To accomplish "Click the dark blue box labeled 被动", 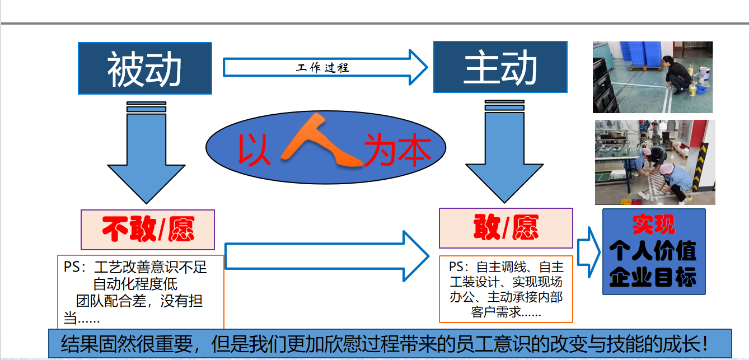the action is [145, 68].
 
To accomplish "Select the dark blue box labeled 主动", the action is [500, 67].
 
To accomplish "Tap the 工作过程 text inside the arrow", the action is [322, 68].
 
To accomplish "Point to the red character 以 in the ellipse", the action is [254, 149].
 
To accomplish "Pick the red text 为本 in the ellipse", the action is [398, 149].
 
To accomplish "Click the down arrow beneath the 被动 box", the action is [146, 152].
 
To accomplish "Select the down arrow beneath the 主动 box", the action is [504, 151].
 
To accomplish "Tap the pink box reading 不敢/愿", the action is [148, 230].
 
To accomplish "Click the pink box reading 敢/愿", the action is [506, 228].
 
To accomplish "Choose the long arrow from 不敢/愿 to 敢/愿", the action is [327, 256].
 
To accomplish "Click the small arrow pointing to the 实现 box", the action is [588, 253].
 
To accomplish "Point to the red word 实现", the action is [654, 224].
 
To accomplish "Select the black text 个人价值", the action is [653, 251].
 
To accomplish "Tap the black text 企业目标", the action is [653, 277].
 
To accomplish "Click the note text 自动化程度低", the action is [135, 284].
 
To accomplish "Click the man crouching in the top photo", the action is [677, 74].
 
